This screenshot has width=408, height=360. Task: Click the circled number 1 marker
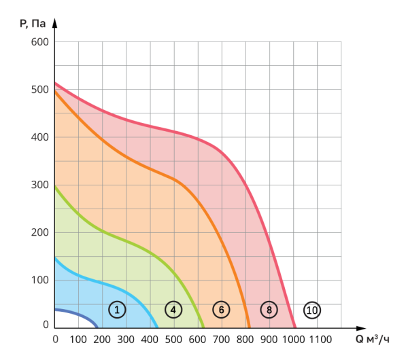[117, 310]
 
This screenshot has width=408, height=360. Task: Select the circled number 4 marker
[173, 310]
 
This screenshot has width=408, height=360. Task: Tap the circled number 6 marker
[221, 310]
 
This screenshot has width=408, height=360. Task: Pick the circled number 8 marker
[269, 310]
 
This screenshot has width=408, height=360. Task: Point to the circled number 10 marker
[312, 310]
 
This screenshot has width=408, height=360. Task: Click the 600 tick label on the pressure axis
[40, 42]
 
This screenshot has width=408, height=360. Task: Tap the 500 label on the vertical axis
[40, 90]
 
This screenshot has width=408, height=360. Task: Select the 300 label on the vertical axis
[40, 185]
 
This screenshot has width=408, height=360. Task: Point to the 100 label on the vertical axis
[40, 280]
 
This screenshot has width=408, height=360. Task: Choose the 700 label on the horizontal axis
[222, 338]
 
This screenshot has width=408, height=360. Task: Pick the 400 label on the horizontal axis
[150, 338]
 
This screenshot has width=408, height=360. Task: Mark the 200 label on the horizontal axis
[103, 338]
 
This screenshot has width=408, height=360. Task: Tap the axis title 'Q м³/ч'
[372, 338]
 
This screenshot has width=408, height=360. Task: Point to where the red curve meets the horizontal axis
[294, 327]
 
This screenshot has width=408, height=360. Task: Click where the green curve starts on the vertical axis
[56, 186]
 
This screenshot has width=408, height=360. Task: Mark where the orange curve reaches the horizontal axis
[250, 327]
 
